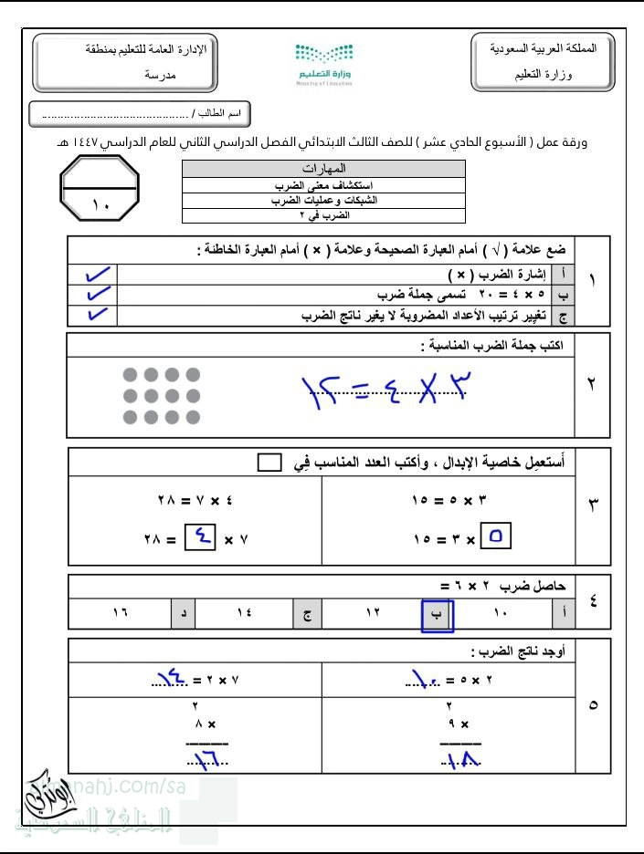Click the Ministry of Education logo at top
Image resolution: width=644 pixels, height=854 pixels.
(x=323, y=62)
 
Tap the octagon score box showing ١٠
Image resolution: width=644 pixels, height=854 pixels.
(x=100, y=189)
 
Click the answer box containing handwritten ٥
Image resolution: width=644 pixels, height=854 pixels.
(x=495, y=538)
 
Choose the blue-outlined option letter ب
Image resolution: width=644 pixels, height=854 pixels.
(x=438, y=615)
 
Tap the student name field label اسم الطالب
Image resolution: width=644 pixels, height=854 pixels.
(x=222, y=114)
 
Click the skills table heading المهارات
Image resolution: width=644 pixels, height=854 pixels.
(x=323, y=169)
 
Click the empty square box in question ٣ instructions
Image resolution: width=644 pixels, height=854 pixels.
(x=269, y=463)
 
